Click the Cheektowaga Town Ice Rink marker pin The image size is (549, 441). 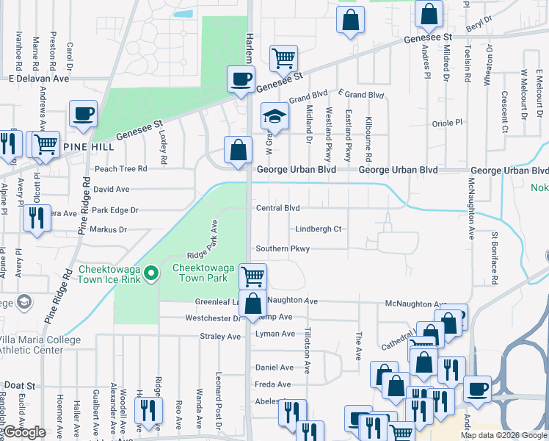tap(151, 273)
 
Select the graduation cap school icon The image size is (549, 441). tap(274, 116)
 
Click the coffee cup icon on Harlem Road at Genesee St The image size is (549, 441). tap(240, 79)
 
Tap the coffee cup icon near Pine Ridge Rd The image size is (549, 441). tap(83, 114)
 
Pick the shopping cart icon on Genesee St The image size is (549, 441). tap(283, 57)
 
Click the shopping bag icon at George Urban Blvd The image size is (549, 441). tap(238, 150)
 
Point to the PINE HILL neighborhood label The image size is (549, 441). tap(90, 148)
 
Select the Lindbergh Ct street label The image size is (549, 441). tap(319, 229)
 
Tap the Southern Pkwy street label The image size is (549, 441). tap(283, 248)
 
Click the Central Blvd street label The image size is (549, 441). tap(277, 208)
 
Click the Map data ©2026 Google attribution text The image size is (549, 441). tap(502, 435)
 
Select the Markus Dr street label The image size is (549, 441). tap(108, 229)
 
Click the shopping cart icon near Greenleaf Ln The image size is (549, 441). tap(252, 276)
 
